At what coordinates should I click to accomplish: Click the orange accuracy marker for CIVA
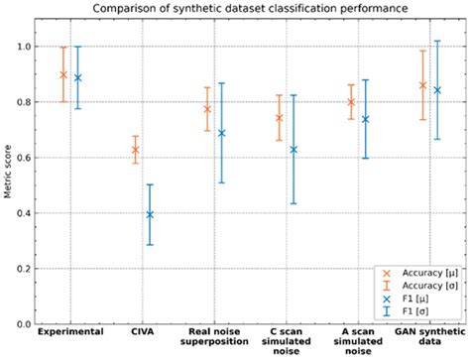pyautogui.click(x=135, y=150)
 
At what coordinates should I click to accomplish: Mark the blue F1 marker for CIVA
pyautogui.click(x=150, y=214)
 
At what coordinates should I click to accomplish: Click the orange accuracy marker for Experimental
pyautogui.click(x=63, y=74)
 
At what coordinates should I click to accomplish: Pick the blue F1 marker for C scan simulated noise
pyautogui.click(x=294, y=150)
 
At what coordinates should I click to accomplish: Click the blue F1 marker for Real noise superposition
pyautogui.click(x=221, y=133)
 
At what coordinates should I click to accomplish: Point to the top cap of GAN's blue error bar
pyautogui.click(x=437, y=41)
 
